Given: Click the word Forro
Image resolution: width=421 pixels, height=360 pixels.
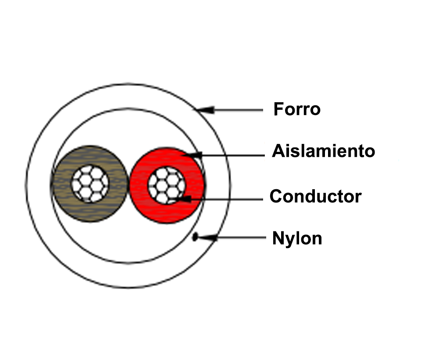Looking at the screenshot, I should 297,109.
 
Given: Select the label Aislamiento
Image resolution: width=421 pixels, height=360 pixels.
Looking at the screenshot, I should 324,151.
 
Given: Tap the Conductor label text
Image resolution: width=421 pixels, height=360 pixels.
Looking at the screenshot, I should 315,196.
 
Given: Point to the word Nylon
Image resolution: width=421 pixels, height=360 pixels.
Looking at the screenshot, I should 297,238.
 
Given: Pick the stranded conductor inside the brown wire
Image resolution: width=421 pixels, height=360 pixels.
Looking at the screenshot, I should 90,184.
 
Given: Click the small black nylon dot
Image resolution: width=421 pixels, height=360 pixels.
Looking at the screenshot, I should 195,238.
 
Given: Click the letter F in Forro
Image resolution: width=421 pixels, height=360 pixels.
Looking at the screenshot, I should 278,109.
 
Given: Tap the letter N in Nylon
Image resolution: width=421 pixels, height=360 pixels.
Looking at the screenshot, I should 278,238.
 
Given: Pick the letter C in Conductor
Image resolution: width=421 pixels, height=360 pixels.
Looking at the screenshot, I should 276,196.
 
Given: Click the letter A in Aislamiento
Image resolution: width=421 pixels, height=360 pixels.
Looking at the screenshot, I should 278,151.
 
